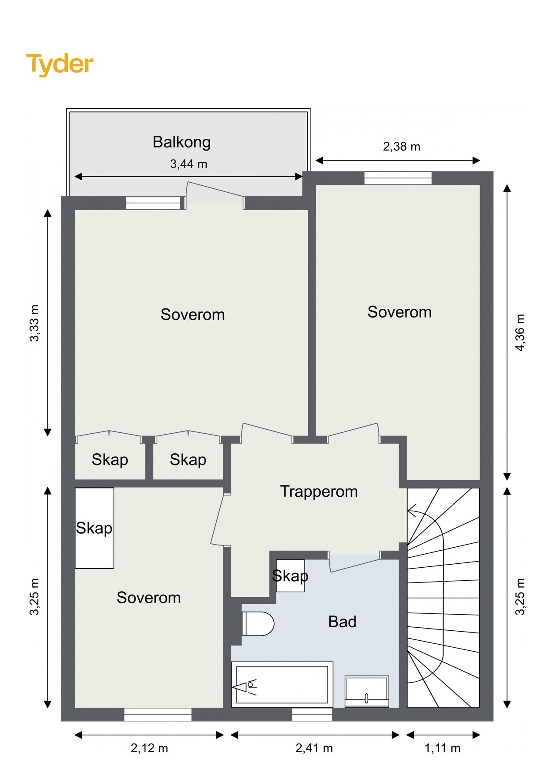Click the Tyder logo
tap(60, 64)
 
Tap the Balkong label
tap(181, 142)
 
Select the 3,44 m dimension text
tap(188, 164)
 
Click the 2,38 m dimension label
tap(401, 147)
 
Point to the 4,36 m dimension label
tap(520, 332)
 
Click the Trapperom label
tap(319, 492)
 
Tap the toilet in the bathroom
tap(258, 623)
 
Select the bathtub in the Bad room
tap(282, 685)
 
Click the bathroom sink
tap(366, 691)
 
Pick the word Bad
tap(342, 622)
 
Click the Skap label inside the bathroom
tap(290, 576)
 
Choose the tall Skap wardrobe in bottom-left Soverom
tap(94, 528)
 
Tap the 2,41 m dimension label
tap(314, 748)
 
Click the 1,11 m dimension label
tap(442, 748)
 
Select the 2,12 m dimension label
tap(149, 748)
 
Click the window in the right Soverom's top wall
tap(398, 178)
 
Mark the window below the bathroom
tap(312, 714)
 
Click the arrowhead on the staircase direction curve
tap(411, 511)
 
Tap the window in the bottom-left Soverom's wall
tap(158, 714)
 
